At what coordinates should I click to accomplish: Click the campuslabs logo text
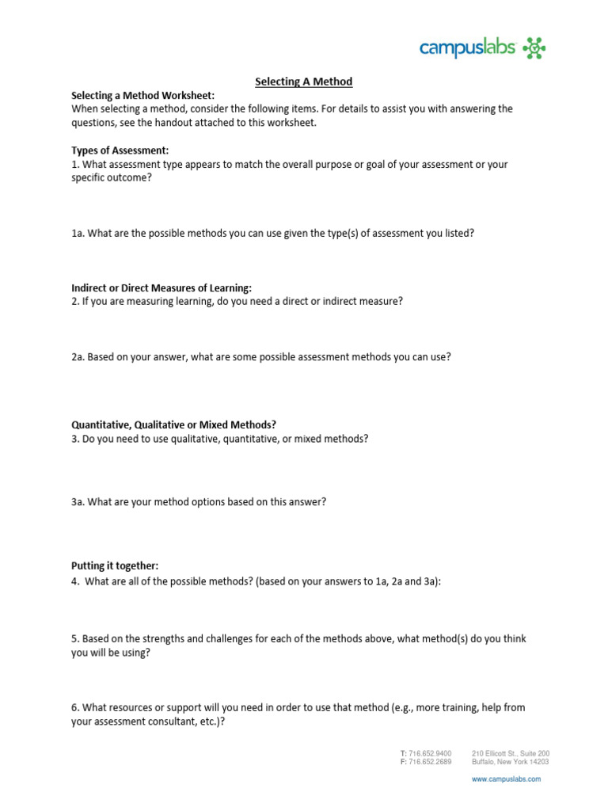(x=468, y=48)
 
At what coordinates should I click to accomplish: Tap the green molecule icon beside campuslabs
(x=534, y=49)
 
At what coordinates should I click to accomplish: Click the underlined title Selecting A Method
(x=303, y=82)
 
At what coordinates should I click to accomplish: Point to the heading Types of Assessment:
(x=120, y=150)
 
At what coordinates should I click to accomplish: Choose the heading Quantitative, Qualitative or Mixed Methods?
(x=173, y=425)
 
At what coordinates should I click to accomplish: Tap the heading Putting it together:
(x=115, y=565)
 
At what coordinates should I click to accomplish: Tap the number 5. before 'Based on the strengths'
(x=75, y=639)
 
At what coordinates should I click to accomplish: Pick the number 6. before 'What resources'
(x=75, y=707)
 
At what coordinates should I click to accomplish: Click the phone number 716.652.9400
(x=431, y=753)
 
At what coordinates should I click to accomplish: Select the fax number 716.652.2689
(x=431, y=762)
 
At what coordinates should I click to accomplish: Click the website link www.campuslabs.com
(x=506, y=779)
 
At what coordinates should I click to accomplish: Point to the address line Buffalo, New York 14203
(x=510, y=762)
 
